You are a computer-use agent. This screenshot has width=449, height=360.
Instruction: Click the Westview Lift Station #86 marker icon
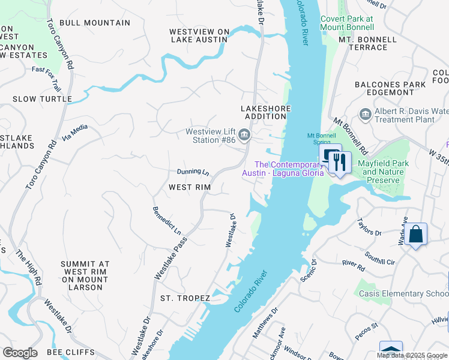[x=244, y=134]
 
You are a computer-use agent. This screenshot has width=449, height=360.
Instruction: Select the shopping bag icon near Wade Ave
[x=415, y=235]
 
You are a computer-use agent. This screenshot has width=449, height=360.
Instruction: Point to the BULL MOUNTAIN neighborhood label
[x=95, y=23]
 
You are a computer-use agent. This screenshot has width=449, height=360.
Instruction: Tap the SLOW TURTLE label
[x=42, y=99]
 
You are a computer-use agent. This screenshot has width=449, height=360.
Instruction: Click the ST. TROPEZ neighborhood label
[x=185, y=298]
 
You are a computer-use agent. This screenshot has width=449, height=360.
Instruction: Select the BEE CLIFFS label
[x=71, y=352]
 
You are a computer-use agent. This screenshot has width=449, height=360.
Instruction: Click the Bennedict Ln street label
[x=166, y=220]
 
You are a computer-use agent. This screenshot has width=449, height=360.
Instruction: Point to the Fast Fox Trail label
[x=47, y=71]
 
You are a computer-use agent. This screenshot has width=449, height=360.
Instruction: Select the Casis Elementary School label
[x=403, y=293]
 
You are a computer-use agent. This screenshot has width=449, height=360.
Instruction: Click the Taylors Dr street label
[x=369, y=227]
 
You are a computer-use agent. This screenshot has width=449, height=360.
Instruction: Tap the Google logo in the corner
[x=20, y=353]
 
